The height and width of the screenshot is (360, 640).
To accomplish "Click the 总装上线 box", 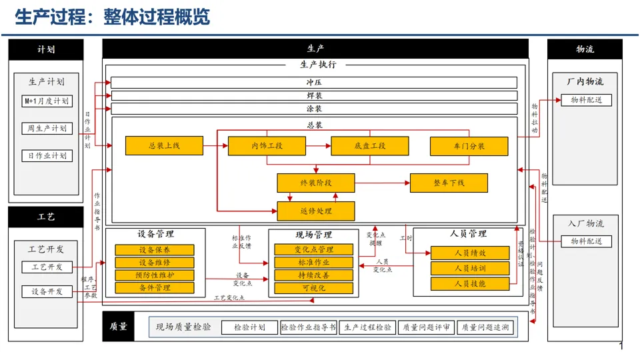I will click(x=164, y=146).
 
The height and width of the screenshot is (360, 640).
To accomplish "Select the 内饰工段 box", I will click(x=267, y=146).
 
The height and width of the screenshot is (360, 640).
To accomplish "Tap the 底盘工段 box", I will click(x=369, y=146).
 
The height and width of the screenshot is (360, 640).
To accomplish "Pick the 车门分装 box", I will click(x=468, y=146).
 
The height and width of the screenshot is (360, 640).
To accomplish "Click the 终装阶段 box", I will click(x=316, y=183).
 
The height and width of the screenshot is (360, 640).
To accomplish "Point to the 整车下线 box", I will click(x=448, y=183).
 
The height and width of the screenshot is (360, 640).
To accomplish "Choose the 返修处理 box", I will click(x=316, y=211).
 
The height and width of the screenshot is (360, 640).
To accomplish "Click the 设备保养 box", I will click(x=155, y=250).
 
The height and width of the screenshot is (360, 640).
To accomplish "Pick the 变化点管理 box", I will click(x=313, y=250).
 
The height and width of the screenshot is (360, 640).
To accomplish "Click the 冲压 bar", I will click(x=314, y=83).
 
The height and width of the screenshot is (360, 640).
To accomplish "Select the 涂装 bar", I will click(x=314, y=109).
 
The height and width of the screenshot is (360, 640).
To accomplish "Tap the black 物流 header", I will click(x=585, y=49).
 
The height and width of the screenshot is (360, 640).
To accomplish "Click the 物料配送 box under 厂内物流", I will click(x=586, y=100).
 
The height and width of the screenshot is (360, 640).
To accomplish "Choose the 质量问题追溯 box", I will click(x=485, y=327).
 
